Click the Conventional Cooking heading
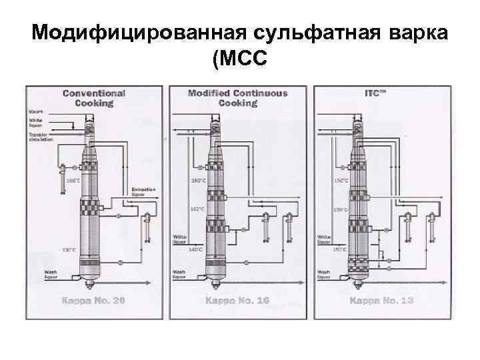[x=93, y=98]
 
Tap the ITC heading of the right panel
[x=377, y=93]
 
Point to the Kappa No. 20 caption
[x=93, y=301]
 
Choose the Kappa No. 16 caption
[x=237, y=301]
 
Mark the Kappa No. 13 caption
[x=381, y=301]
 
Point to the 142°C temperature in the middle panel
[x=197, y=209]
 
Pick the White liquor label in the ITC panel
[x=324, y=239]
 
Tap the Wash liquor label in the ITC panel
[x=324, y=273]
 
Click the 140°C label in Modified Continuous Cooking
[x=196, y=249]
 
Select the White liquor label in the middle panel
[x=180, y=239]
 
